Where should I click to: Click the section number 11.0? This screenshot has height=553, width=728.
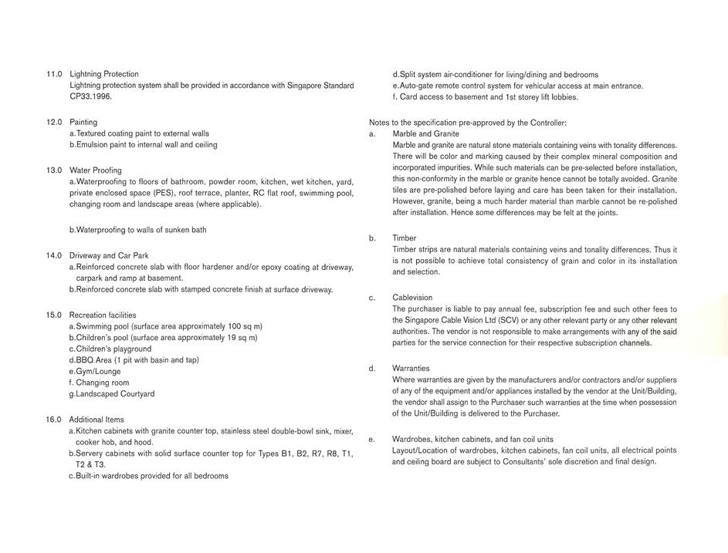point(54,74)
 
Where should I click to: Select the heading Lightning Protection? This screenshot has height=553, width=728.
point(104,74)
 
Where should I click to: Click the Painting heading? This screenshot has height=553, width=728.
point(83,122)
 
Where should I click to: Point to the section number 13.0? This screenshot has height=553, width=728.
point(54,170)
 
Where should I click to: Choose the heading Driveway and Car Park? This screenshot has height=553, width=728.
point(109,255)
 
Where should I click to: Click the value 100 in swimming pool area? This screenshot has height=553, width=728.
point(232,326)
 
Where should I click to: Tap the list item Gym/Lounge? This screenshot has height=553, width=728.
point(98,372)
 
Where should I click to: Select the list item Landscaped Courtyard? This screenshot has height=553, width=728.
point(115,394)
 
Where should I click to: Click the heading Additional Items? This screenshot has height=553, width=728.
point(97,420)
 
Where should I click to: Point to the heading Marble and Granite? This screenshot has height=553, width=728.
point(425,134)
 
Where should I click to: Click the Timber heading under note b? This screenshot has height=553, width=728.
point(404,238)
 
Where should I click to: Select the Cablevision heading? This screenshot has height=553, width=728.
point(412,298)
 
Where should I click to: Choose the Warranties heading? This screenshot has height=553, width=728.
point(411,369)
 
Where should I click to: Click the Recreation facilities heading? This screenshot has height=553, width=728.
point(103,315)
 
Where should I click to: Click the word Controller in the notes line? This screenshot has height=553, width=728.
point(546,123)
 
